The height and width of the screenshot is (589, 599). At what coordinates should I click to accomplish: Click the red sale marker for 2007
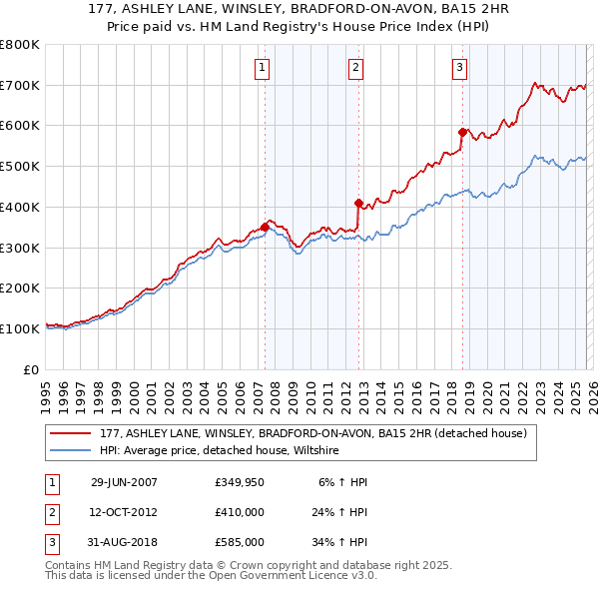tap(265, 227)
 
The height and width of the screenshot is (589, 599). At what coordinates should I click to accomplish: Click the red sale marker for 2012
tap(358, 203)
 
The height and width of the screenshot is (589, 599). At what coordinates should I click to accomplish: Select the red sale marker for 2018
tap(462, 132)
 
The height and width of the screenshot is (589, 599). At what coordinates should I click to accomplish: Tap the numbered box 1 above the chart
tap(262, 68)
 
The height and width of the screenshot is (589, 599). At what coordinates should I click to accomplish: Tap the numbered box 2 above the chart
tap(355, 68)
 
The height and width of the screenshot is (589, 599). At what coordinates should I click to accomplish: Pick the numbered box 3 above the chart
tap(459, 68)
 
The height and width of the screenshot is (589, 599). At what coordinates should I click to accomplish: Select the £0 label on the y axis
tap(31, 369)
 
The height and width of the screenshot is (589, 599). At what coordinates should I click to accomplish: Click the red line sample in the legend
tap(71, 434)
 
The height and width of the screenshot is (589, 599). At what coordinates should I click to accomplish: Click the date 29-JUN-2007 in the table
tap(124, 482)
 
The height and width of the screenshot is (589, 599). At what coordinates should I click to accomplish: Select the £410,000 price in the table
tap(240, 512)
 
